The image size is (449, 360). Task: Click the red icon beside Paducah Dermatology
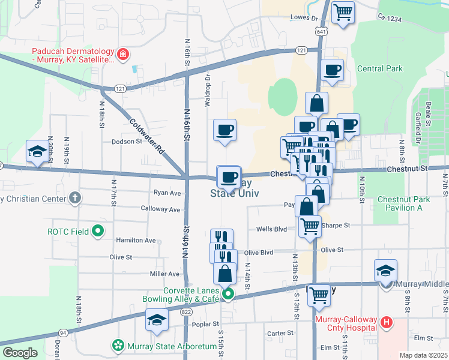[123, 56]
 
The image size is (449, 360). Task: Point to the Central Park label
[379, 69]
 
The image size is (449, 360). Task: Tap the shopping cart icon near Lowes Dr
[343, 12]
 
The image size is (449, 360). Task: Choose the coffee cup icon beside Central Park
[332, 70]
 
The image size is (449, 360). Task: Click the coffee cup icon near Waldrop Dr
[224, 130]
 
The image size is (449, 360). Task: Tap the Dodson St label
[126, 142]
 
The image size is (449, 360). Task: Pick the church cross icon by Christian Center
[74, 197]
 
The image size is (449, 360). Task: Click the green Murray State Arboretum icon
[118, 346]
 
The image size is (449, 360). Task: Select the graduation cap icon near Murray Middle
[385, 270]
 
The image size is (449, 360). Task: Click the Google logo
[20, 353]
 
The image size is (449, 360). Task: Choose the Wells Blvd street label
[272, 229]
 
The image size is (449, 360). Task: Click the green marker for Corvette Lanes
[228, 294]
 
